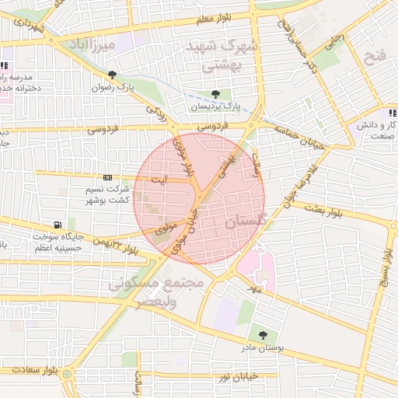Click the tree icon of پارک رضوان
point(113,75)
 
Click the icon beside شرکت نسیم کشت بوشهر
point(107,178)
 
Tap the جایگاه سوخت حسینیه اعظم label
point(54,241)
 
